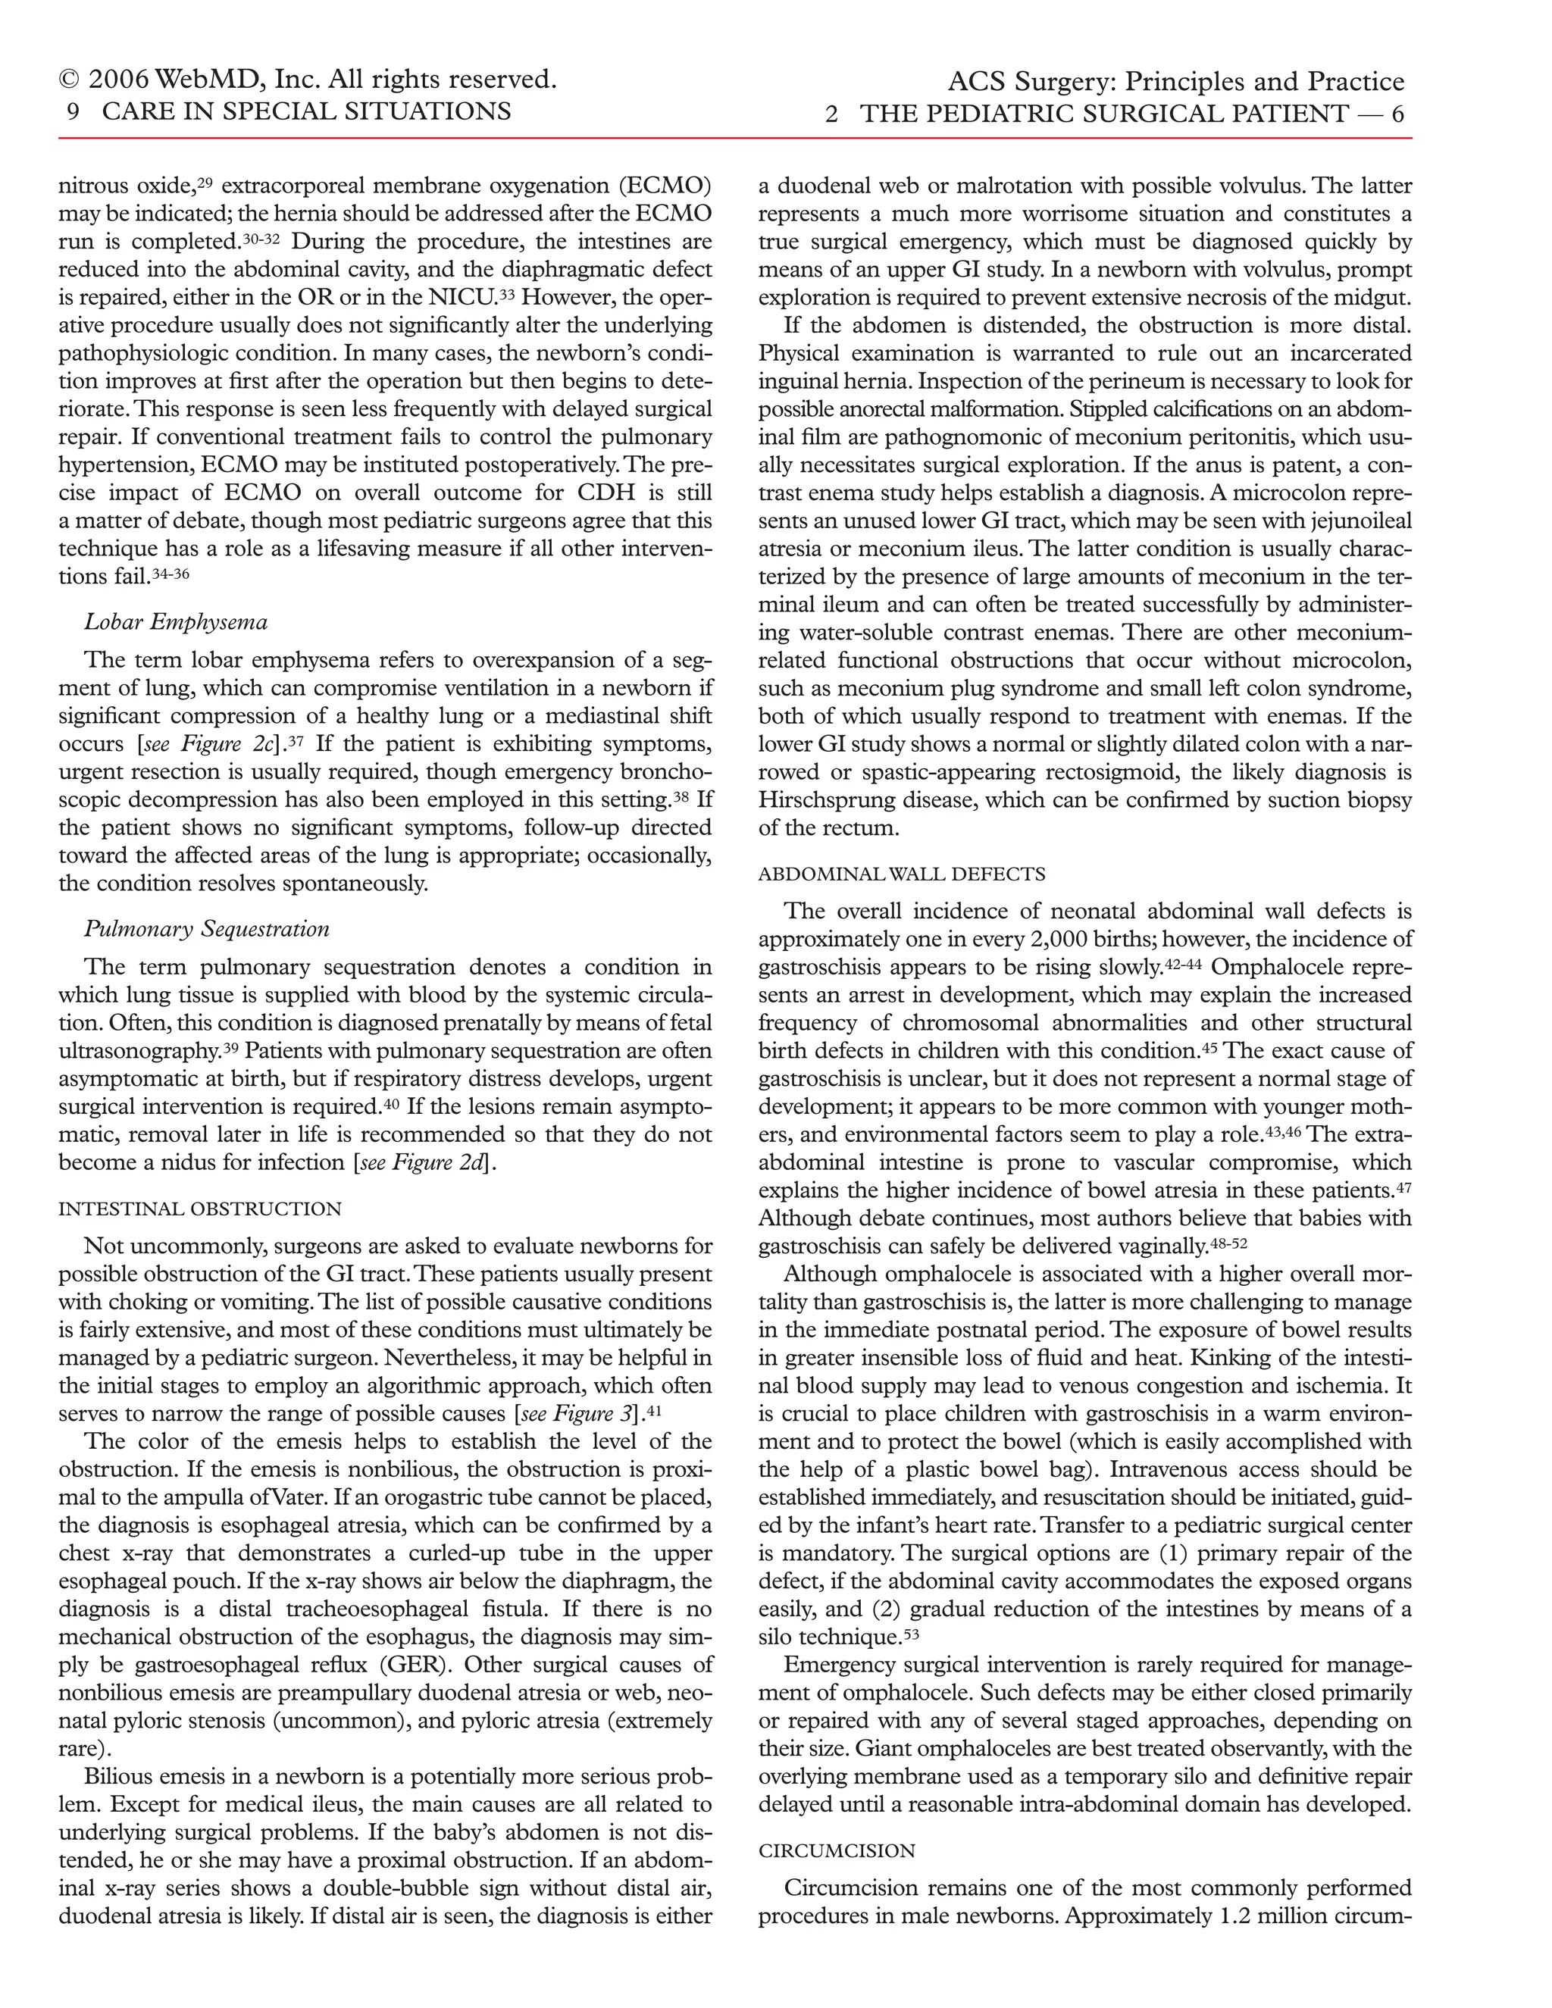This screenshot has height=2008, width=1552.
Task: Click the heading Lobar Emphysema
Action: click(x=176, y=622)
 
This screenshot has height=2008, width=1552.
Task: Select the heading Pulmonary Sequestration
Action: click(x=207, y=929)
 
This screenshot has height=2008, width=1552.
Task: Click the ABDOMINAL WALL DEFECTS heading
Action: click(x=901, y=874)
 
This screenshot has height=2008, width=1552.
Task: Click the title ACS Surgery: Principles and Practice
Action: click(x=1176, y=82)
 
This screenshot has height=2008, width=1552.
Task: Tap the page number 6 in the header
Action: click(x=1397, y=114)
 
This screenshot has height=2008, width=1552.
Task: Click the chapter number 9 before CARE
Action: click(x=73, y=111)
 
